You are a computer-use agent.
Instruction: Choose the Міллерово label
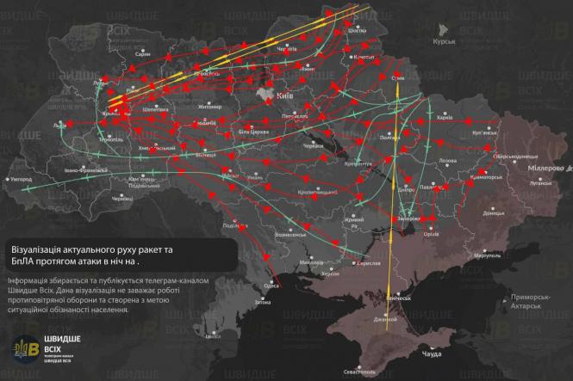click(545, 169)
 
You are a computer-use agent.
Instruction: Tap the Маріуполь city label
click(488, 255)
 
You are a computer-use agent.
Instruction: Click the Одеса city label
click(271, 285)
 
